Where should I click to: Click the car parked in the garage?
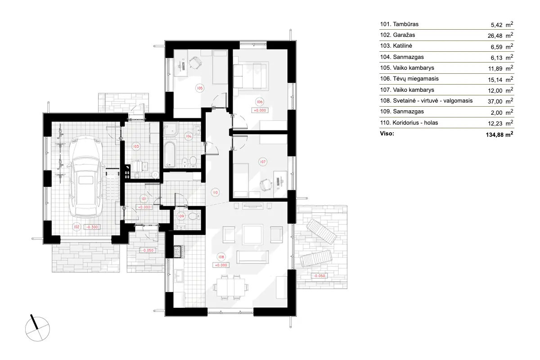click(x=86, y=177)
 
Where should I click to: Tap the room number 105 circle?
click(x=199, y=88)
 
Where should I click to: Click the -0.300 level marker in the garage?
click(x=93, y=227)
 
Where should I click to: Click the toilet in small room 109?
click(x=193, y=216)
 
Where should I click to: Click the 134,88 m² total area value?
click(x=495, y=134)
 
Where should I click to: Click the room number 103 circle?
click(x=135, y=146)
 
